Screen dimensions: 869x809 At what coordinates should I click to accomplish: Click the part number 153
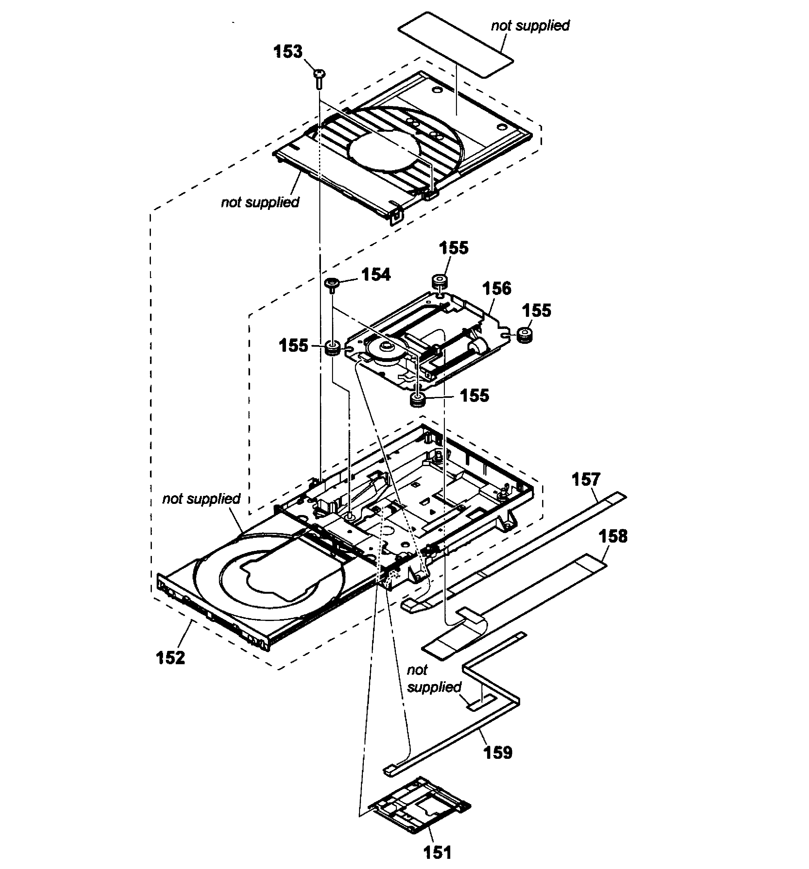click(288, 51)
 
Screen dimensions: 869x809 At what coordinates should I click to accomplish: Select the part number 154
click(375, 275)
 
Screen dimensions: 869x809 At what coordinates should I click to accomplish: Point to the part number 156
click(496, 289)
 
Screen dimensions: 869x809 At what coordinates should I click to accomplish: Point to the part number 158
click(613, 536)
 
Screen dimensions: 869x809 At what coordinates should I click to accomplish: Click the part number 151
click(437, 852)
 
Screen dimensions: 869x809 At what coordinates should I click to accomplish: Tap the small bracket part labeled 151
click(419, 804)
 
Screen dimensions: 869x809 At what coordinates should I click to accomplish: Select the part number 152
click(170, 657)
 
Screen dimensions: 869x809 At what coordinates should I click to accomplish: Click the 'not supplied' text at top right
click(530, 25)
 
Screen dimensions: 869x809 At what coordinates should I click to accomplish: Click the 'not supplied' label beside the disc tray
click(201, 499)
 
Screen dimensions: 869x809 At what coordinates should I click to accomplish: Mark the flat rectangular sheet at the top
click(455, 44)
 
